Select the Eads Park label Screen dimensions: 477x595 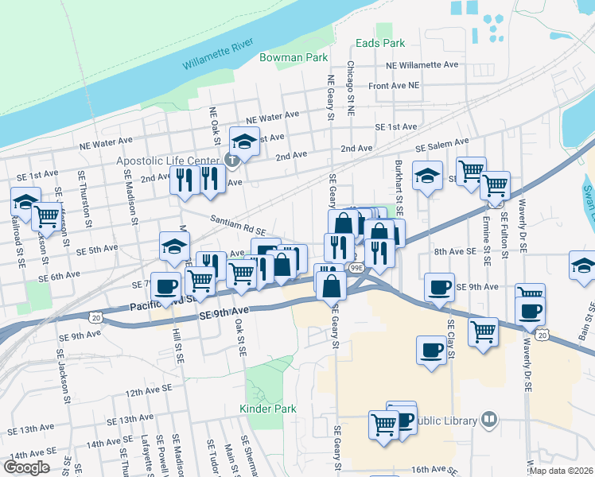click(x=381, y=44)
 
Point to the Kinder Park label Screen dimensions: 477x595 click(x=267, y=409)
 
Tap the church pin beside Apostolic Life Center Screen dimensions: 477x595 click(x=231, y=161)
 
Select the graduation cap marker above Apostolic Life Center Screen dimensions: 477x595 click(x=244, y=142)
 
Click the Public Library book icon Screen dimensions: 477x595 click(x=489, y=420)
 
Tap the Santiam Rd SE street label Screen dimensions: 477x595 click(x=237, y=223)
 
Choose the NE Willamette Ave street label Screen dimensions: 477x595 click(x=422, y=64)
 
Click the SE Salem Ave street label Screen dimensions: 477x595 click(x=441, y=145)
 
